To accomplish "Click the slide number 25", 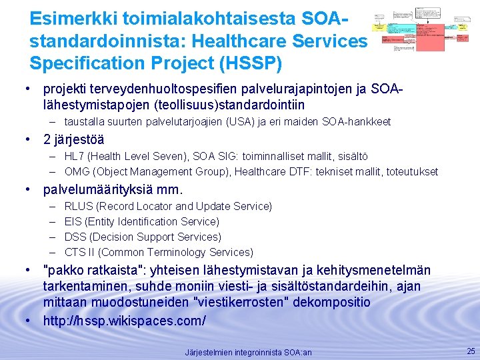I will coord(471,351).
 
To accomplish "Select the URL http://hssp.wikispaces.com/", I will coord(125,321).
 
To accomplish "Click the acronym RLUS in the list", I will coord(79,206).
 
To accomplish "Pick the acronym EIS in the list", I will coord(73,221).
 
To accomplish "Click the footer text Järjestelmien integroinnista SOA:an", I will coord(248,352).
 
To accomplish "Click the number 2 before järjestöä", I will coord(47,139).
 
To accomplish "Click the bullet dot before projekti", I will coord(28,88).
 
